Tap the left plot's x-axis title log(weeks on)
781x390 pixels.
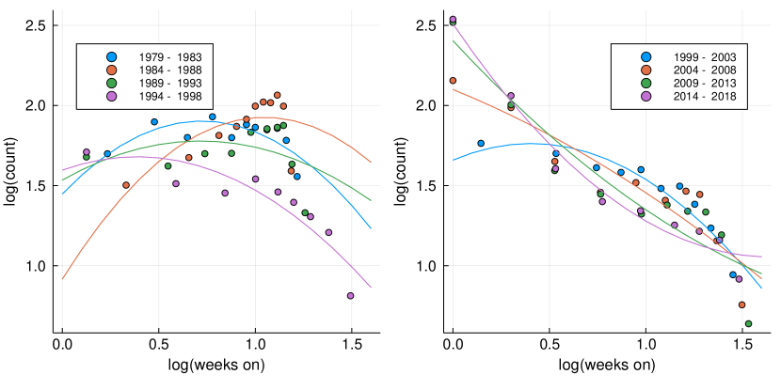point(216,365)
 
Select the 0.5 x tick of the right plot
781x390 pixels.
point(550,346)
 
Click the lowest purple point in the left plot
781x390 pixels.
point(350,295)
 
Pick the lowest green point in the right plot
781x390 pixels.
point(748,323)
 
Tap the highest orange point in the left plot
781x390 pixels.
point(277,95)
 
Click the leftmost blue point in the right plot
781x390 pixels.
point(481,144)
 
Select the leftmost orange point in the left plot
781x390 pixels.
point(126,185)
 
